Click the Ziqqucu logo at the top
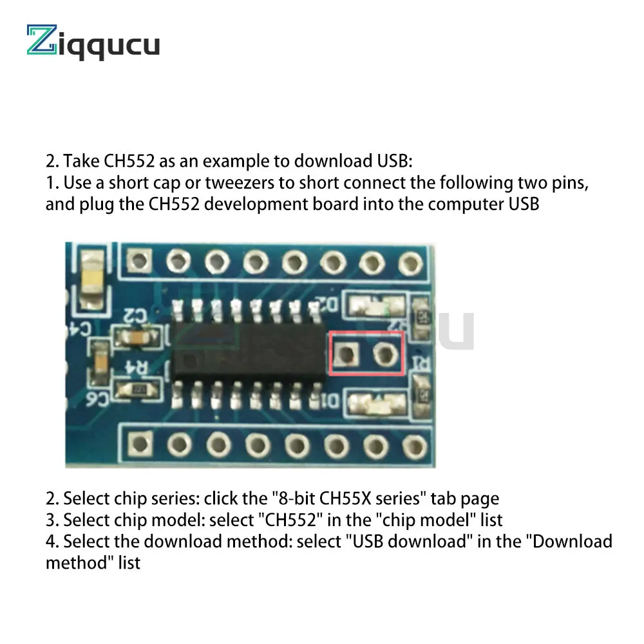pyautogui.click(x=93, y=44)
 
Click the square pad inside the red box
pyautogui.click(x=346, y=354)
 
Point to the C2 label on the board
pyautogui.click(x=137, y=315)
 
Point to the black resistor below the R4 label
pyautogui.click(x=137, y=388)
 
